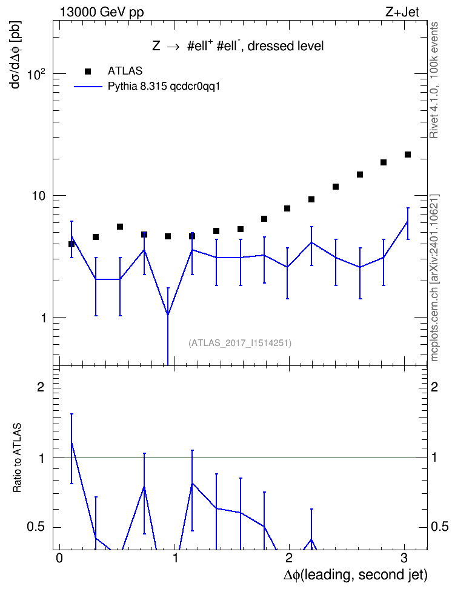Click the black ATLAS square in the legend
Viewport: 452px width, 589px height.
tap(88, 71)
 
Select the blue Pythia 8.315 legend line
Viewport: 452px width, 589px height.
tap(88, 87)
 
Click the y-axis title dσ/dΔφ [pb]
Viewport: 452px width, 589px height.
tap(16, 55)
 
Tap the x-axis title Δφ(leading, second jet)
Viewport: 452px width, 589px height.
tap(356, 574)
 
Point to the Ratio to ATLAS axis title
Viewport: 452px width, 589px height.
tap(17, 458)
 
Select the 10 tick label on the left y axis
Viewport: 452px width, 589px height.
tap(39, 196)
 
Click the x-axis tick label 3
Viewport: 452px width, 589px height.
tap(404, 558)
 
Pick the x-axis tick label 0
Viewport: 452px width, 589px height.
tap(59, 558)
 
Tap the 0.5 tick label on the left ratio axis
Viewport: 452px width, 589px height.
tap(35, 527)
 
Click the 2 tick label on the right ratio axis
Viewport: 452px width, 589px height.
tap(434, 387)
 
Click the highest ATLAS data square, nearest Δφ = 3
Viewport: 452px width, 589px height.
tap(408, 155)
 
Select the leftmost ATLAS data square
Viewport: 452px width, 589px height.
tap(71, 244)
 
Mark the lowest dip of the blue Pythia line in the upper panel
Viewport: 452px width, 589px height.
tap(168, 314)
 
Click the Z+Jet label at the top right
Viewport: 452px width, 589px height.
tap(402, 12)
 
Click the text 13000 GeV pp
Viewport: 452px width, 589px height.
tap(101, 13)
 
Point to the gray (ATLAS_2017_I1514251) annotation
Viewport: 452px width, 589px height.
tap(240, 343)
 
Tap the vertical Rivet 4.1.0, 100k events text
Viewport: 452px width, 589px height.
tap(434, 80)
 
